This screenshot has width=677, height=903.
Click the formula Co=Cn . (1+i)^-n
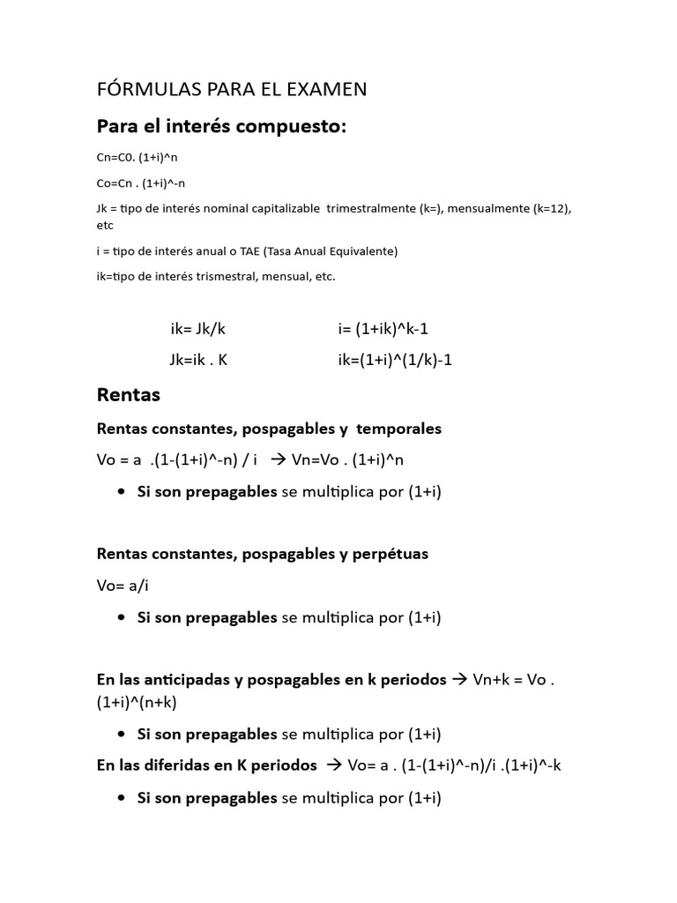(x=141, y=183)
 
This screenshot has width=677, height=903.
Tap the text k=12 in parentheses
(x=553, y=209)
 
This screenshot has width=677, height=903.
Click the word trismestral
(x=215, y=277)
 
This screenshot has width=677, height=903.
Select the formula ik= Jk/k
(x=198, y=329)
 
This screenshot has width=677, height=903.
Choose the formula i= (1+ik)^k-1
(x=383, y=329)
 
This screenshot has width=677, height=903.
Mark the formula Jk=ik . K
(x=198, y=360)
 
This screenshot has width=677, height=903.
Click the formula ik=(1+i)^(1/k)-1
(x=394, y=360)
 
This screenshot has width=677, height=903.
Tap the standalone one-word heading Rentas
(x=129, y=395)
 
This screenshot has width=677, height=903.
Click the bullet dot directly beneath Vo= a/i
(x=121, y=617)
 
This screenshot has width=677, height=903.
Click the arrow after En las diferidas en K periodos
(x=333, y=765)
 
